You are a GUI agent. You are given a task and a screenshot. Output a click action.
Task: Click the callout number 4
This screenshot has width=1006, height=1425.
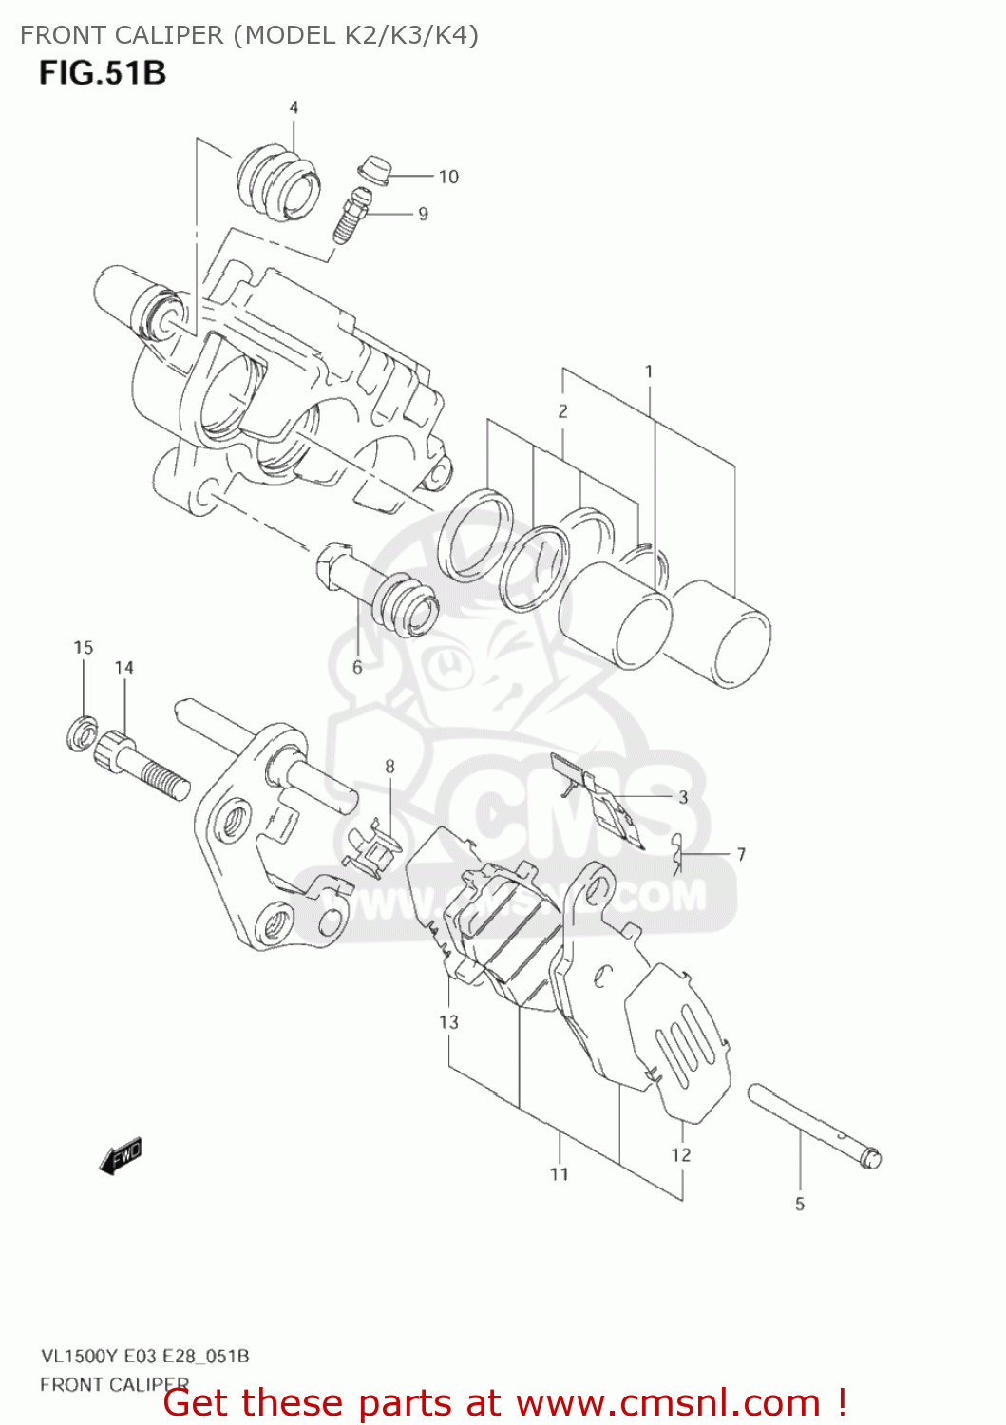click(x=294, y=107)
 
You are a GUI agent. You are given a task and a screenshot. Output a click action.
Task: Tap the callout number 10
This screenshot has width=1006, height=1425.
click(x=448, y=177)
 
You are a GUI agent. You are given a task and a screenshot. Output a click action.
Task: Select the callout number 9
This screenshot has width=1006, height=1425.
click(x=423, y=215)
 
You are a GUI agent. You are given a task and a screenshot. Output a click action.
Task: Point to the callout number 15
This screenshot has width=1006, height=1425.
click(x=84, y=648)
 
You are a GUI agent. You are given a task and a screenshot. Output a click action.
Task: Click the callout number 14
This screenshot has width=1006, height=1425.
click(x=124, y=668)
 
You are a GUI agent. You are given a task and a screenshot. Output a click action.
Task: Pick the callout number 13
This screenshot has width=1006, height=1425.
click(x=448, y=1022)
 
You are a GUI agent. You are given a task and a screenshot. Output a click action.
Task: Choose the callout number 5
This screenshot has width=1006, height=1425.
click(x=800, y=1205)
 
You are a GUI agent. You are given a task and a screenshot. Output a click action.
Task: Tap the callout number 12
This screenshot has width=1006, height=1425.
click(x=681, y=1155)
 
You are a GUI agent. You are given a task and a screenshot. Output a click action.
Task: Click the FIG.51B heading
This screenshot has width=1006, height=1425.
click(x=103, y=73)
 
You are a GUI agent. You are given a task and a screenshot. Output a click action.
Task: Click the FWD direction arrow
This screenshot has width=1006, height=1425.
click(x=121, y=1157)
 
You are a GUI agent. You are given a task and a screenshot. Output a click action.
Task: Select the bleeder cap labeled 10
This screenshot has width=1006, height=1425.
click(x=375, y=169)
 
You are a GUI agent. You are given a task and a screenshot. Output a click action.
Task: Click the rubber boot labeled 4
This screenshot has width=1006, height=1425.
click(x=276, y=182)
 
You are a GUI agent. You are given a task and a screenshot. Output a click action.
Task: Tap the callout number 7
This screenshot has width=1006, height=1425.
click(x=741, y=855)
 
